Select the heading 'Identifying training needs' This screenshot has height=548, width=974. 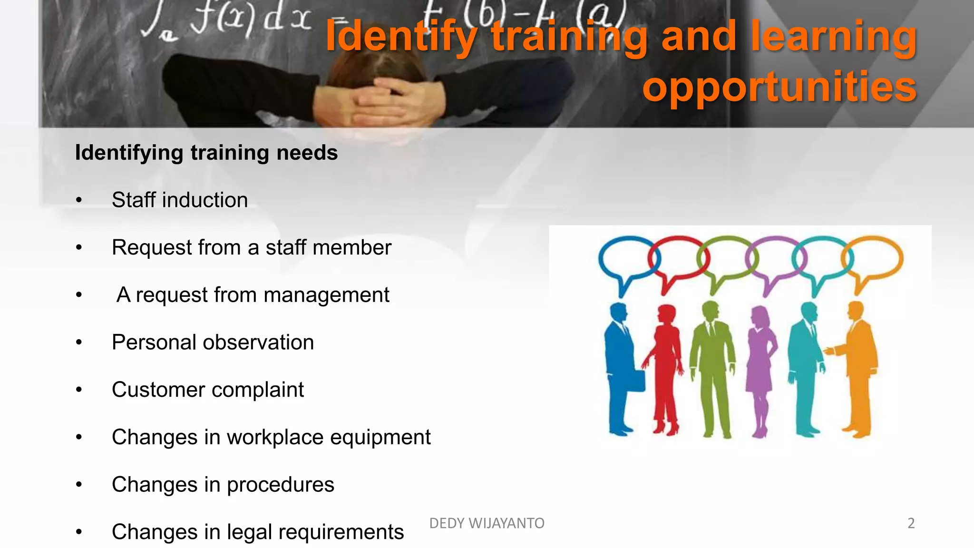click(x=206, y=153)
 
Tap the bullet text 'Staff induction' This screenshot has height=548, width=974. click(x=180, y=200)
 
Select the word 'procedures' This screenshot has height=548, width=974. click(x=280, y=485)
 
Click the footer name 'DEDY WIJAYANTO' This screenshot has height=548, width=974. click(x=487, y=523)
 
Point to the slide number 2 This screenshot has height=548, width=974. click(x=911, y=523)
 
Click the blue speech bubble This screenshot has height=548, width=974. click(x=628, y=259)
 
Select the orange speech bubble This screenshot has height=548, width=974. click(x=873, y=259)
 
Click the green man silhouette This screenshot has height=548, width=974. click(x=712, y=366)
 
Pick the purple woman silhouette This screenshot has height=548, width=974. click(x=761, y=366)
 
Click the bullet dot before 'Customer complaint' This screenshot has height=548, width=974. click(x=79, y=390)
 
